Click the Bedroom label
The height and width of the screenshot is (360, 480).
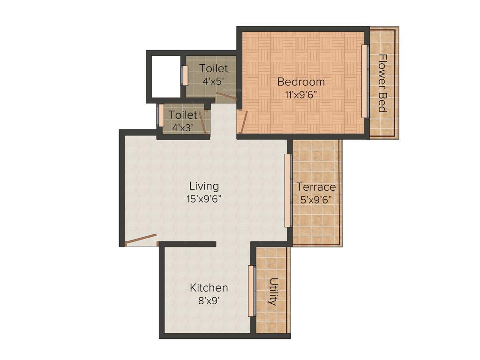pos(301,82)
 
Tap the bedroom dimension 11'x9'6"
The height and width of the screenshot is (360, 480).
pos(301,94)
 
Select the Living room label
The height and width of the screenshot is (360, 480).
pos(204,186)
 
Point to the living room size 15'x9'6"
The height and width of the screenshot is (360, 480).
pos(204,198)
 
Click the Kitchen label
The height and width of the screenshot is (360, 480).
pos(209,287)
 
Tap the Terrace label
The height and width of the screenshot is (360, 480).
pos(316,187)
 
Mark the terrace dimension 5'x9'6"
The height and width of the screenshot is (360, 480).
pos(316,199)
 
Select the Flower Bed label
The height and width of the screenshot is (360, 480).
pos(382,83)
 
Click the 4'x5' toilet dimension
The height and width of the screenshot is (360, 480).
pos(214,81)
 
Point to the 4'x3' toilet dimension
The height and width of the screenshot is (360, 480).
pos(183,127)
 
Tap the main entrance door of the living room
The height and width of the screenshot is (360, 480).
pos(141,240)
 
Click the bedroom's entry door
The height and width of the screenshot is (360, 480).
pos(242,122)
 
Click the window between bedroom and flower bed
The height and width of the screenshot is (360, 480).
pos(364,81)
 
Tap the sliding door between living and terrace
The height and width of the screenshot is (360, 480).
pos(288,191)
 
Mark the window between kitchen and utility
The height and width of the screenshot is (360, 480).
pos(251,291)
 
